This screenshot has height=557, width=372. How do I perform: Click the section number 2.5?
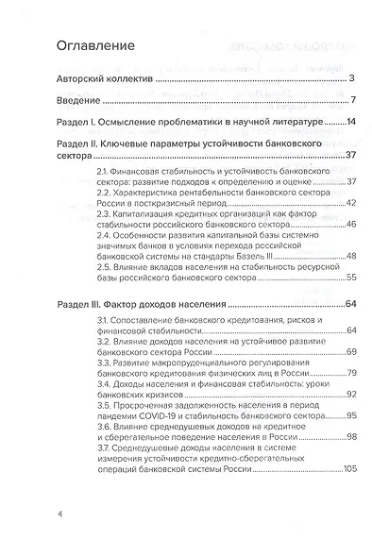click(x=104, y=268)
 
